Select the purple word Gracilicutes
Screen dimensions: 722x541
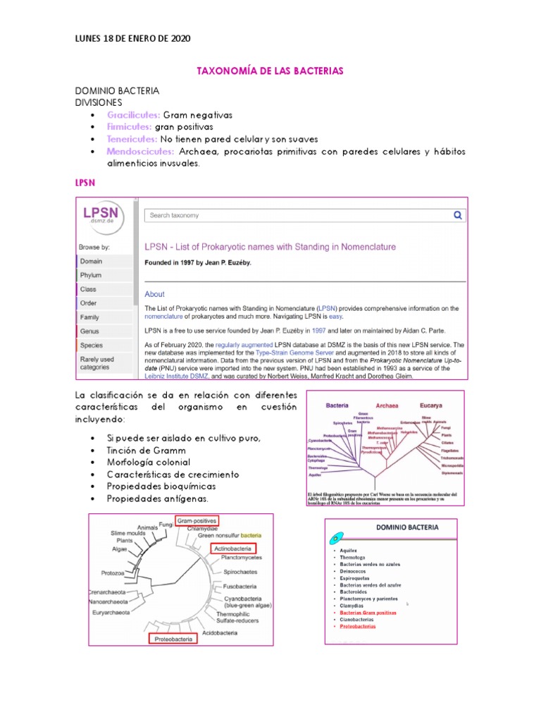(x=134, y=115)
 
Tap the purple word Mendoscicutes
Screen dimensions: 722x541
(x=140, y=152)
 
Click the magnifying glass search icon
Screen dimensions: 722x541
(x=457, y=216)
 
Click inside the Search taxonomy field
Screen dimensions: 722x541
(x=296, y=216)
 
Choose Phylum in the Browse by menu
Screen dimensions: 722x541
(x=91, y=275)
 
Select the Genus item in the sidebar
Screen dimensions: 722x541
(x=90, y=331)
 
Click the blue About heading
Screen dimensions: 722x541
(x=154, y=294)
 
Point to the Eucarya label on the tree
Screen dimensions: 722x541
(x=432, y=405)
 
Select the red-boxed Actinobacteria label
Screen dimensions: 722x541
(x=231, y=548)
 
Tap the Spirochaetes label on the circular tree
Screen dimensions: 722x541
(x=240, y=572)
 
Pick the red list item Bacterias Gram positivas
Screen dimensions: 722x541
(x=368, y=613)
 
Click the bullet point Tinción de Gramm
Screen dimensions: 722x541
(x=147, y=450)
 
